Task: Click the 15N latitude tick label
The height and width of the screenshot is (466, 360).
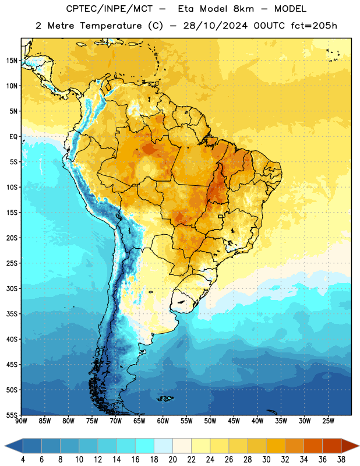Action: tap(12, 61)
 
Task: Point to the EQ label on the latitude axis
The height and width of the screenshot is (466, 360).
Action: tap(13, 137)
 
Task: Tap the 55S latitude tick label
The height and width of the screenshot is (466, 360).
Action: tap(12, 415)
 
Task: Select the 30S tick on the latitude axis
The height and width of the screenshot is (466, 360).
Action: tap(12, 288)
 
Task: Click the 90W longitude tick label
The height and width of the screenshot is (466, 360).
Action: tap(21, 421)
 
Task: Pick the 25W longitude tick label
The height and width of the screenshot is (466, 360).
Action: tap(328, 421)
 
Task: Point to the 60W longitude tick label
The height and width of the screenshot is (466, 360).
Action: tap(163, 421)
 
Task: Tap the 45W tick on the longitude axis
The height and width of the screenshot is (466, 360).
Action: tap(234, 421)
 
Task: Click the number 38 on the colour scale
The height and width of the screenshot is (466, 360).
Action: tap(341, 460)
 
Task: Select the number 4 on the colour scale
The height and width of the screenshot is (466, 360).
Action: tap(23, 460)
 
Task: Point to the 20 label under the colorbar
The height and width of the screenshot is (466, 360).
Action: tap(172, 460)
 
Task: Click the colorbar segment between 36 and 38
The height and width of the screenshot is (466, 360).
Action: tap(332, 446)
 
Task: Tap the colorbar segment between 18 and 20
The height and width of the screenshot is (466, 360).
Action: tap(163, 446)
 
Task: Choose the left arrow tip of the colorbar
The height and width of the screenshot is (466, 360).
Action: tap(5, 446)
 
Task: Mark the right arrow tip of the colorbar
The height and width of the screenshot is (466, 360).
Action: tap(359, 446)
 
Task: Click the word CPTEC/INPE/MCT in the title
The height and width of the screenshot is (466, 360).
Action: tap(109, 9)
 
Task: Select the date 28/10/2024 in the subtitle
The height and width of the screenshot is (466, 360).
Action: tap(215, 26)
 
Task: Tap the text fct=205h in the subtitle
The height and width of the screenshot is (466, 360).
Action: tap(314, 26)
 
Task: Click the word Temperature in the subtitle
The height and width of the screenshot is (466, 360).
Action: tap(111, 26)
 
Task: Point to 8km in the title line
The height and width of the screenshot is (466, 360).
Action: tap(243, 9)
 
